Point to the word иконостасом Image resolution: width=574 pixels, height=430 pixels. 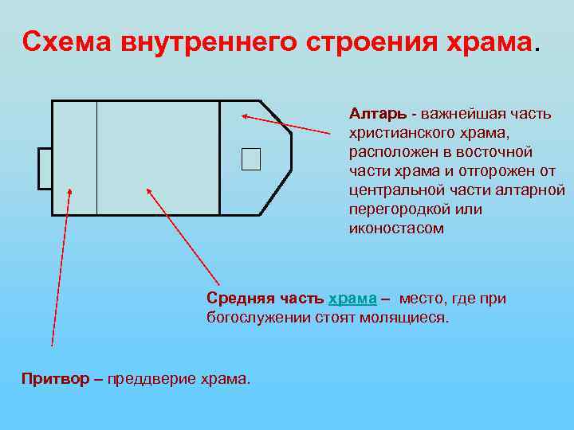click(396, 229)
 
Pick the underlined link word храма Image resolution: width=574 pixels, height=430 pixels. click(352, 299)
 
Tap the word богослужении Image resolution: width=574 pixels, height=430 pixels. click(252, 318)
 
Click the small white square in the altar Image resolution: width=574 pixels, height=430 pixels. click(251, 159)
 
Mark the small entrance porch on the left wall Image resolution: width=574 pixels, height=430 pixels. click(45, 168)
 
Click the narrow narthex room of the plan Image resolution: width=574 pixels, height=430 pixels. click(74, 158)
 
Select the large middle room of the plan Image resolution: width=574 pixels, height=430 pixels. click(158, 158)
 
